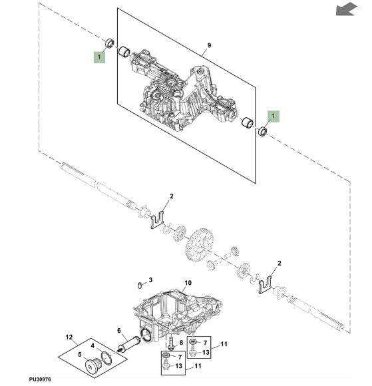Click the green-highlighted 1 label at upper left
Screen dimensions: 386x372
click(99, 58)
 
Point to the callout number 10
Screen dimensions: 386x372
click(187, 283)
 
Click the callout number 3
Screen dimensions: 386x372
click(151, 280)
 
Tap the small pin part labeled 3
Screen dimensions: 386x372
click(138, 285)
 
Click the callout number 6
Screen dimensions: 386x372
click(119, 330)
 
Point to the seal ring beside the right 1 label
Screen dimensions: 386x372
click(263, 133)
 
